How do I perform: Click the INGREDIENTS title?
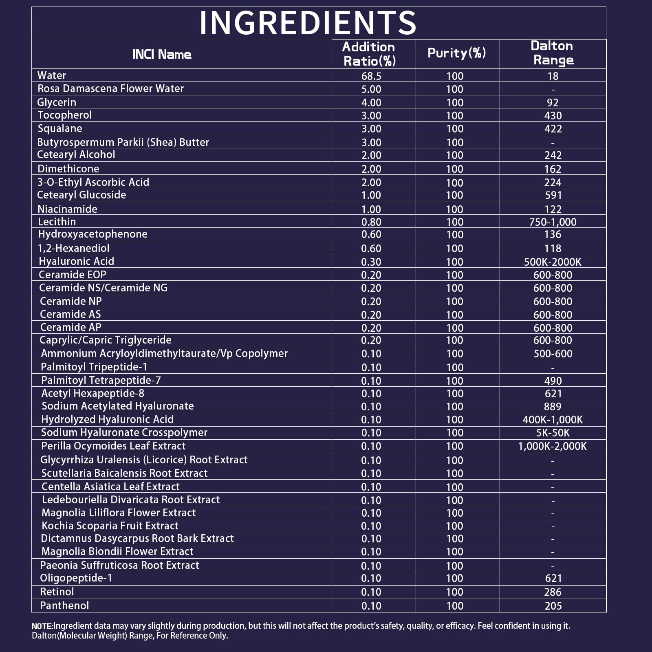tap(308, 23)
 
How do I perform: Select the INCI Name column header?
tap(162, 54)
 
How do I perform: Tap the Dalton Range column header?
tap(553, 53)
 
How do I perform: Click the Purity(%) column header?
tap(457, 53)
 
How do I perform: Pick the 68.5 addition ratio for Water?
tap(371, 76)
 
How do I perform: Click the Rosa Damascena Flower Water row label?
tap(110, 88)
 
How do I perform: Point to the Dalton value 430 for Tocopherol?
tap(553, 116)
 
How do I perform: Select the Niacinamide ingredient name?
tap(67, 209)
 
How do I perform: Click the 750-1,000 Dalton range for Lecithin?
tap(553, 222)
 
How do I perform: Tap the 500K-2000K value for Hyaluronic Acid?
tap(553, 262)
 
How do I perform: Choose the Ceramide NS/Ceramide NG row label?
tap(103, 288)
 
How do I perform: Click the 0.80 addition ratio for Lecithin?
tap(371, 222)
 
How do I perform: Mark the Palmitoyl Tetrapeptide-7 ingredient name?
tap(101, 380)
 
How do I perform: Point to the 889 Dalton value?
tap(553, 407)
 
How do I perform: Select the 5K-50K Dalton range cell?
tap(553, 433)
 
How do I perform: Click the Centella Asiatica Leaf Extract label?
tap(110, 487)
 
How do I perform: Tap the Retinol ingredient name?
tap(57, 592)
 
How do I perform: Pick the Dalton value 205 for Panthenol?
tap(553, 606)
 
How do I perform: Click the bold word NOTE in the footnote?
tap(42, 626)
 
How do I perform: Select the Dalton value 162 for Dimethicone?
tap(553, 169)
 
